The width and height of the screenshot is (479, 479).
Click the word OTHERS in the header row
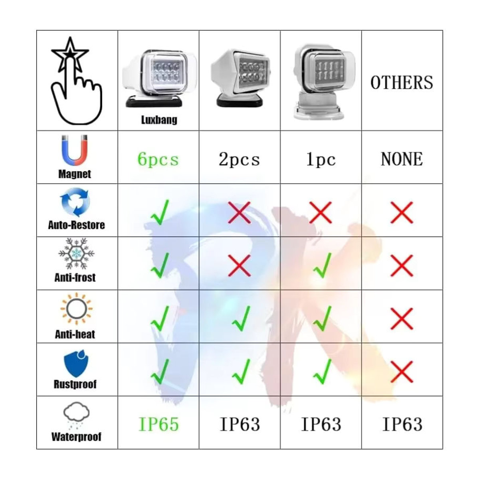(x=402, y=83)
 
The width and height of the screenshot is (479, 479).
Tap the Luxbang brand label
(x=159, y=120)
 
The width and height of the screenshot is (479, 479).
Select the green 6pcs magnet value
(x=158, y=159)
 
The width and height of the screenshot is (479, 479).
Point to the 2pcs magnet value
(x=239, y=159)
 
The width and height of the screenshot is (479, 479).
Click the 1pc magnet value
(x=321, y=159)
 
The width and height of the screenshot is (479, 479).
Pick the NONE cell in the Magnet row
(x=402, y=159)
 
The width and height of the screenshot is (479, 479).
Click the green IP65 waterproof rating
(x=158, y=424)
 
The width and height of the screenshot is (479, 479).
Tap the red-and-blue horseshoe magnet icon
(x=75, y=150)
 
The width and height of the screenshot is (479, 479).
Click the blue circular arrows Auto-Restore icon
(x=75, y=202)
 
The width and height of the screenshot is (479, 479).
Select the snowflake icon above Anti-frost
(x=76, y=253)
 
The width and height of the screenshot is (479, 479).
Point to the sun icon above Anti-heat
(x=76, y=309)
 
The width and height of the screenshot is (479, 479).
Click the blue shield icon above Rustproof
(x=76, y=363)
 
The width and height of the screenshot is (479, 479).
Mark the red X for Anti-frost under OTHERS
(x=402, y=266)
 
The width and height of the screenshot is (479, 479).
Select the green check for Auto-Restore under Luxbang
(x=160, y=212)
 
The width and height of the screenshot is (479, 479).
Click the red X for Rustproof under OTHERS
(x=402, y=372)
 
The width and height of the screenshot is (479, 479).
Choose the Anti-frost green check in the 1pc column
(x=323, y=265)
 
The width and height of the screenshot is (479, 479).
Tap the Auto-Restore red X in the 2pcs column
(x=239, y=212)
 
